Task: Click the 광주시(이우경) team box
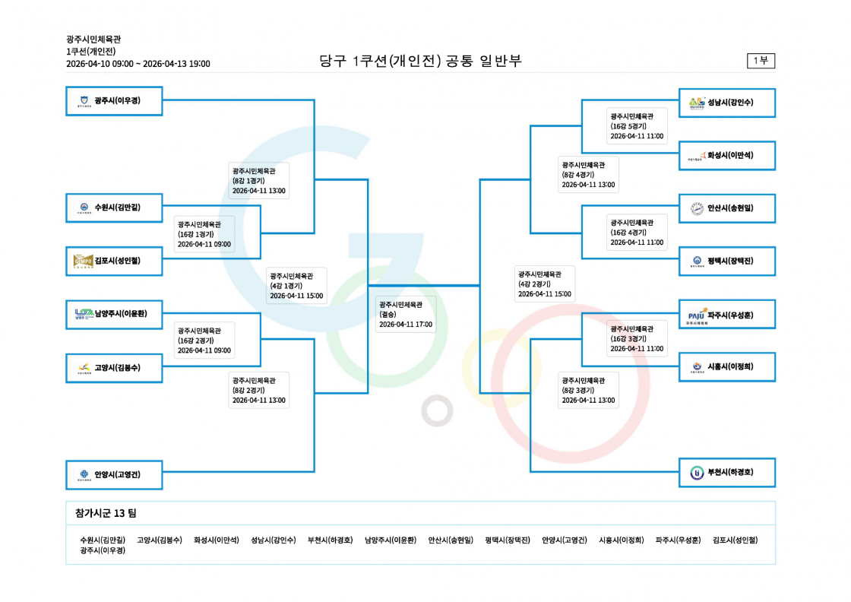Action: point(114,101)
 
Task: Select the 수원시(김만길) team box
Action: point(114,208)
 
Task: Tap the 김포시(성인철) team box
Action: point(114,261)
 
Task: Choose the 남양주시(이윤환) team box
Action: point(114,314)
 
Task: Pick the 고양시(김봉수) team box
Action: point(114,368)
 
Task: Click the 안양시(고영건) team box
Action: point(114,475)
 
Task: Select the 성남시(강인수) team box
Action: point(726,103)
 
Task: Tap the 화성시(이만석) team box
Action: point(726,156)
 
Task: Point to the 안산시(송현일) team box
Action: point(726,208)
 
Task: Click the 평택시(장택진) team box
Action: point(726,261)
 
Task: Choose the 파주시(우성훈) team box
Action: point(726,314)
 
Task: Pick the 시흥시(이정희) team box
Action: point(726,367)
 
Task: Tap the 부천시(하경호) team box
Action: point(726,472)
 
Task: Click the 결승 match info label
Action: point(406,314)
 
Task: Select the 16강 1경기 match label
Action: point(204,234)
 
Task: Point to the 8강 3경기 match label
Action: point(588,390)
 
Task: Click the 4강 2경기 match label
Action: point(544,284)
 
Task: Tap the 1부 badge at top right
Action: point(761,61)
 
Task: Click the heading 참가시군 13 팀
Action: point(106,513)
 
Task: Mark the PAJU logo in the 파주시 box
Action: point(696,315)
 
